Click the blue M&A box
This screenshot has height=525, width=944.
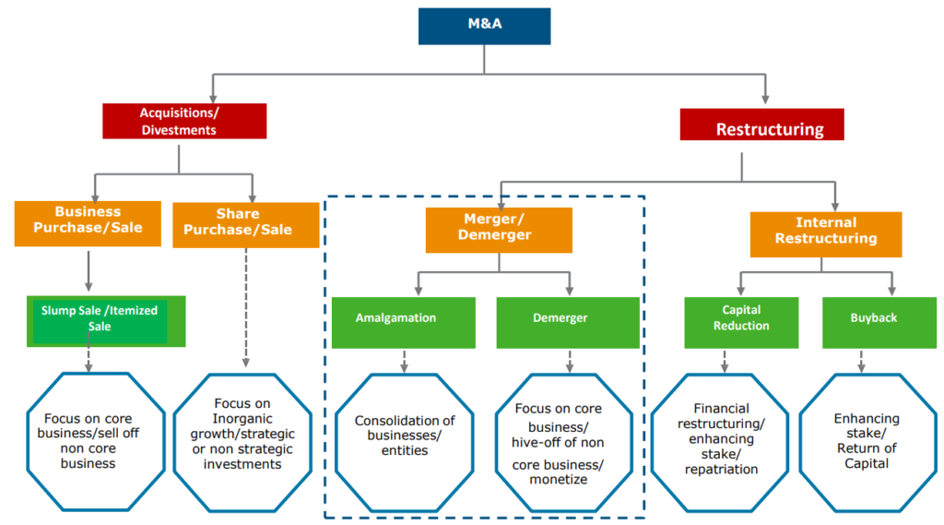pos(484,27)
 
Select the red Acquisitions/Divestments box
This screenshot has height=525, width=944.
pos(184,121)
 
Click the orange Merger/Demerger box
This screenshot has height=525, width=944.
pos(498,229)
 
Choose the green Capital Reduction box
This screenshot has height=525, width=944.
pos(741,319)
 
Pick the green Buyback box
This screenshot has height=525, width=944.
pos(861,320)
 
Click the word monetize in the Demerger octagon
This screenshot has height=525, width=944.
pos(558,480)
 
